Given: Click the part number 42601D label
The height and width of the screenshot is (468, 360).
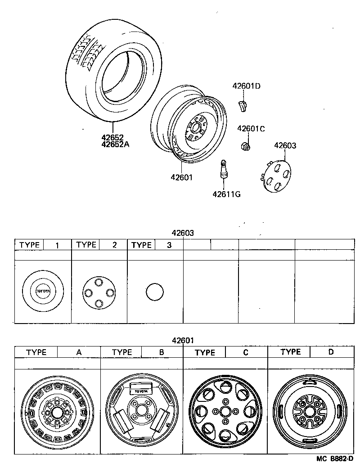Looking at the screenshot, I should click(246, 86).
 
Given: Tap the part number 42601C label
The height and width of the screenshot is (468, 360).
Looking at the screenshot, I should click(251, 128).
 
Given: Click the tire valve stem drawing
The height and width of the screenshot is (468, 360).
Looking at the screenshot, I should click(223, 171).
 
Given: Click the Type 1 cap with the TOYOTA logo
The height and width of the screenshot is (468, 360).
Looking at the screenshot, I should click(43, 292).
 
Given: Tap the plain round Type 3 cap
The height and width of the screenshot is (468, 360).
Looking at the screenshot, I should click(154, 292).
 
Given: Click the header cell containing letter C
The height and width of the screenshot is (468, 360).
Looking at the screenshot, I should click(246, 352).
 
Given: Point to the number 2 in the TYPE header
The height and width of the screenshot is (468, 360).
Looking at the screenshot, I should click(114, 245).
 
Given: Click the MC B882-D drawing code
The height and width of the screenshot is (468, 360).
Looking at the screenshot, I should click(335, 459).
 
